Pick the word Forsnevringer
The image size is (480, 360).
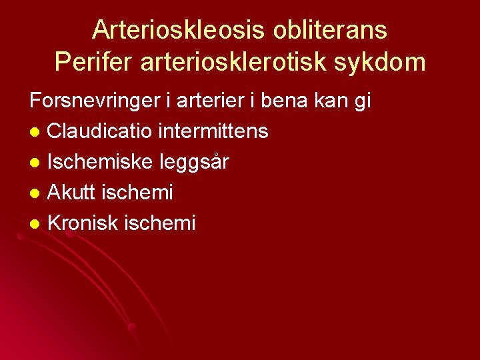[91, 101]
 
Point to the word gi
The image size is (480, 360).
[363, 103]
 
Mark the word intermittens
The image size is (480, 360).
[213, 131]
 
